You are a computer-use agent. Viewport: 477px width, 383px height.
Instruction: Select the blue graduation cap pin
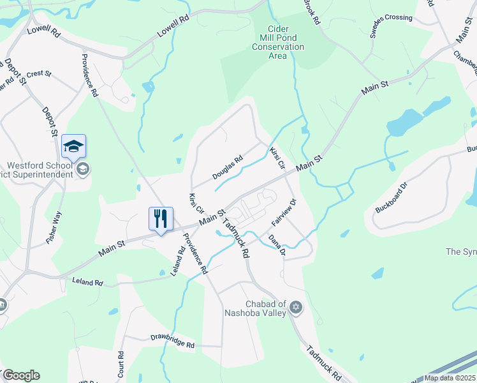click(x=73, y=146)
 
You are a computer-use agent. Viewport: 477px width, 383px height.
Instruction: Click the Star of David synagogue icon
click(x=295, y=308)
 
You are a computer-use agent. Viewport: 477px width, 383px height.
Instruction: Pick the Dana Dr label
click(x=276, y=244)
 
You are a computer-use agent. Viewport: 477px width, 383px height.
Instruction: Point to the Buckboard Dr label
click(x=390, y=198)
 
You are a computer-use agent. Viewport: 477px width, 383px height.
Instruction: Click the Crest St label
click(x=39, y=74)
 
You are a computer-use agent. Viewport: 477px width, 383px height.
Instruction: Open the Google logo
click(x=21, y=375)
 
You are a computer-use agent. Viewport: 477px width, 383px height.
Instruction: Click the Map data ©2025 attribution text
click(x=450, y=378)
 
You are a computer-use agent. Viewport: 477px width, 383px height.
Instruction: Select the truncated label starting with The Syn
click(x=460, y=252)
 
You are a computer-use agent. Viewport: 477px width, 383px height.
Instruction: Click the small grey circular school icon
click(x=82, y=169)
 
